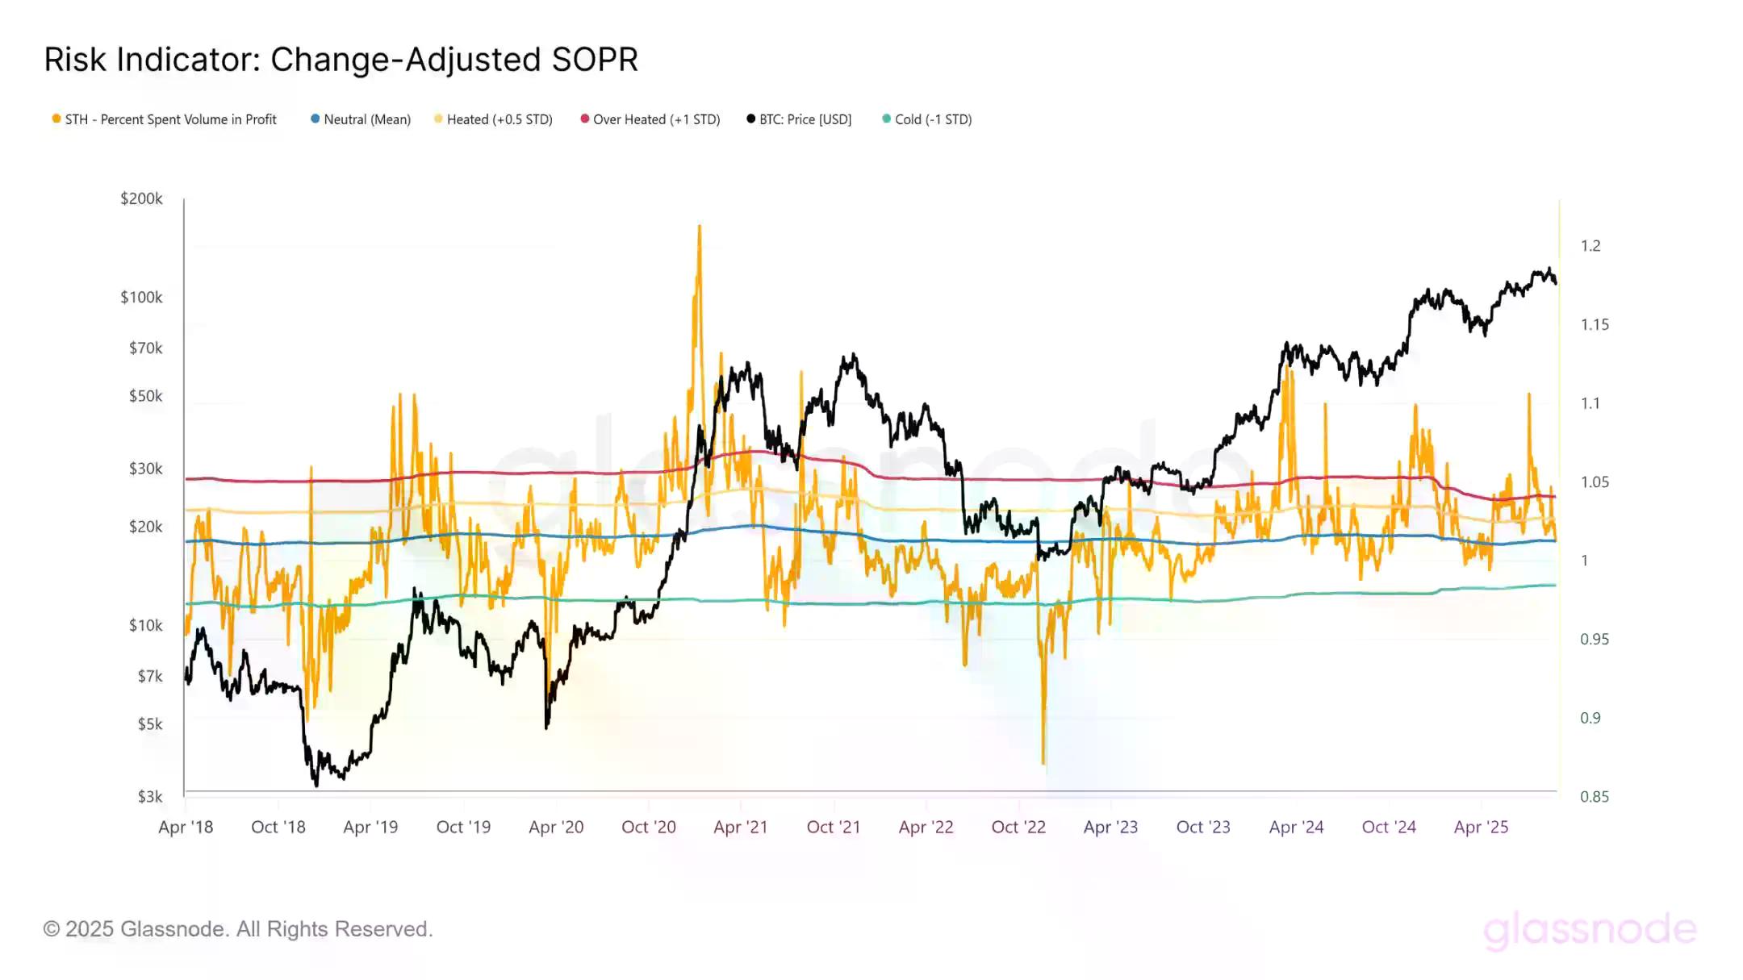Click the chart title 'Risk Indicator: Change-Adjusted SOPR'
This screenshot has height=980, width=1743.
pos(341,60)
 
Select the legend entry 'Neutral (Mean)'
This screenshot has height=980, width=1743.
pos(361,119)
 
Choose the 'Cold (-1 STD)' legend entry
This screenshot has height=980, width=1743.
pos(927,119)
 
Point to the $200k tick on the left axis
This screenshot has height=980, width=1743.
pos(141,198)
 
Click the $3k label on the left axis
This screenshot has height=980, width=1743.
pos(150,797)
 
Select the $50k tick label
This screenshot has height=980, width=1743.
pos(145,396)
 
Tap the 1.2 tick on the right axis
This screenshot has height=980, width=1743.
pos(1590,246)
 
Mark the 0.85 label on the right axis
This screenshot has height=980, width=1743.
pos(1594,797)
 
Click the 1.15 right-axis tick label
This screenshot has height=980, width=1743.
pos(1594,325)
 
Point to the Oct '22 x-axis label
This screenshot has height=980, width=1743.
pos(1018,827)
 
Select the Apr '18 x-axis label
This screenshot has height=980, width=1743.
pos(186,827)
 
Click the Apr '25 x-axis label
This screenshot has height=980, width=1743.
pos(1481,827)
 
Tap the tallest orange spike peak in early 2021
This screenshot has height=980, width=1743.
pos(700,227)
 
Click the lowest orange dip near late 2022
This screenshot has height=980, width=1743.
pos(1043,762)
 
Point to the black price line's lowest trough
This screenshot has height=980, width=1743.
pos(316,784)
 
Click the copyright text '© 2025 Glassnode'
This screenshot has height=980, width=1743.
pos(238,929)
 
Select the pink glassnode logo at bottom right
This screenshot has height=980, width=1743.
pos(1590,929)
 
